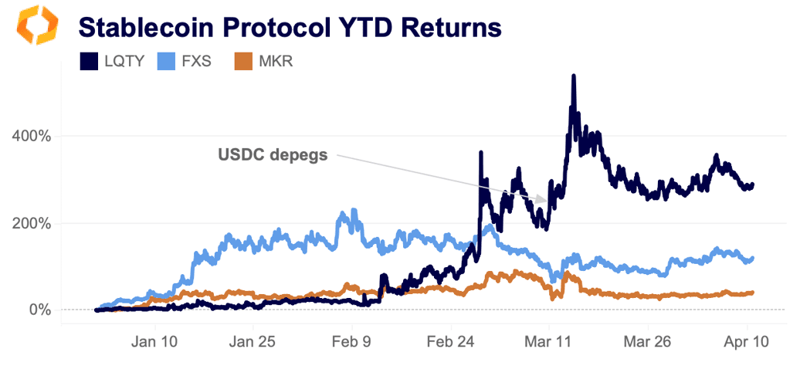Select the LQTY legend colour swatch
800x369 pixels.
[90, 61]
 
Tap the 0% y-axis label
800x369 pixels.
[39, 310]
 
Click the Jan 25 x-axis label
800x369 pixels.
[252, 342]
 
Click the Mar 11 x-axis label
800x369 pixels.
[548, 342]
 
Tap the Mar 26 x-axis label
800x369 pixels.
[647, 342]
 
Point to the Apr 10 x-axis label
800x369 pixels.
[746, 342]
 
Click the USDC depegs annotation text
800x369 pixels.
[272, 155]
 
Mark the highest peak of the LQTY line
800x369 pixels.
[574, 76]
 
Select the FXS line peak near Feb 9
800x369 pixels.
[354, 210]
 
